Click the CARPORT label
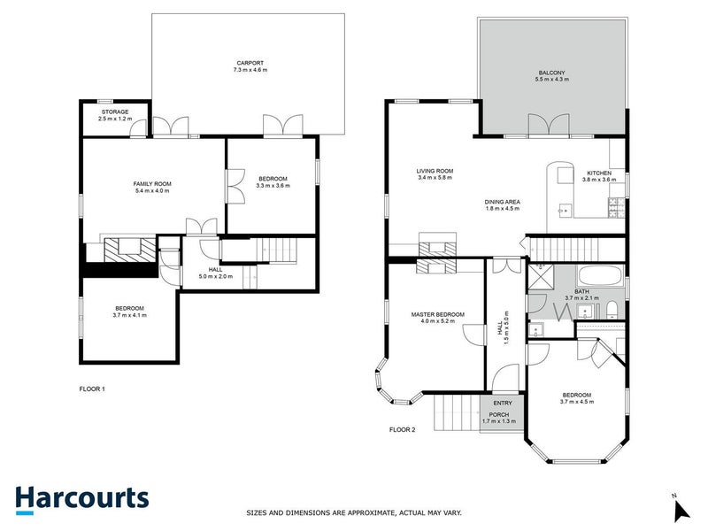249,62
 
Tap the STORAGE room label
113,112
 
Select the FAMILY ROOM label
152,183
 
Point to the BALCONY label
552,73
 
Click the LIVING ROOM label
435,171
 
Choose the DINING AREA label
502,202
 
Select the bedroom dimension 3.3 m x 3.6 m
273,186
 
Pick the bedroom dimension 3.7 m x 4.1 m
129,315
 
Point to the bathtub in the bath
578,274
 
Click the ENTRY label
503,404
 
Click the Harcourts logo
81,497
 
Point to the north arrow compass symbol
681,510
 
